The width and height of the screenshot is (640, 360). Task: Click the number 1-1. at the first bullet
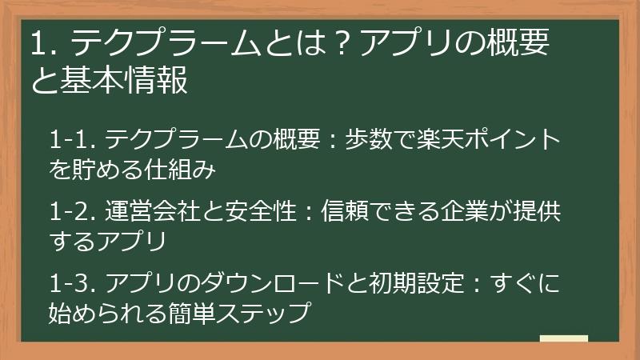pos(73,140)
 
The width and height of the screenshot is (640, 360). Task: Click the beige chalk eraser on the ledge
pos(564,338)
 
